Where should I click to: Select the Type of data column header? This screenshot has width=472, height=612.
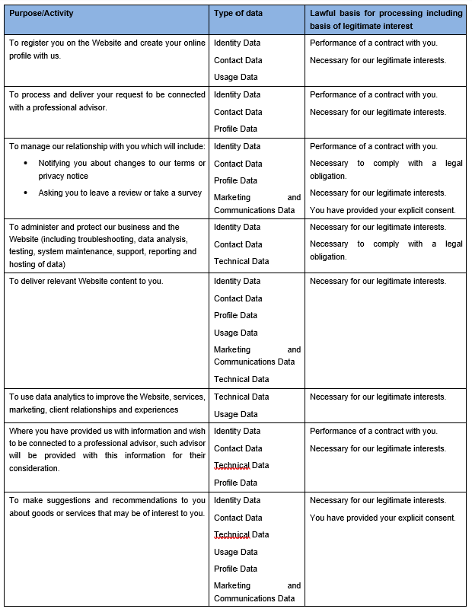tap(238, 13)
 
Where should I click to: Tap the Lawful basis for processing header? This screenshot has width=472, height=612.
tap(386, 19)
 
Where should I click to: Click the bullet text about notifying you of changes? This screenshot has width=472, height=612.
tap(122, 170)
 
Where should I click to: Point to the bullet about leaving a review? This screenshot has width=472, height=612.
tap(120, 193)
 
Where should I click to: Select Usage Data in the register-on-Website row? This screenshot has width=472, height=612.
tap(235, 77)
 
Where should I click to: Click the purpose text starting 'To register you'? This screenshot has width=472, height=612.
tap(107, 49)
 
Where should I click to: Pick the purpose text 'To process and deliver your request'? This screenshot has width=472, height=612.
tap(107, 101)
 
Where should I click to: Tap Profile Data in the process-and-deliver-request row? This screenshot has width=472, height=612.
tap(235, 129)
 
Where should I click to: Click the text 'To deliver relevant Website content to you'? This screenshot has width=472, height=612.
tap(86, 282)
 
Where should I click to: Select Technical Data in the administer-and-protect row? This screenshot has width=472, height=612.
tap(241, 261)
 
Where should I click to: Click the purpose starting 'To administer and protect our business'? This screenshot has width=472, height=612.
tap(103, 245)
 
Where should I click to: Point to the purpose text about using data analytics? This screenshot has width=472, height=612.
tap(107, 403)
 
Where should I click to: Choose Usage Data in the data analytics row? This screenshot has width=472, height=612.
tap(235, 414)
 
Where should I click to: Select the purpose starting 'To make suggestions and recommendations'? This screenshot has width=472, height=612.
tap(107, 506)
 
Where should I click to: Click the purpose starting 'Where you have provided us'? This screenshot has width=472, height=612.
tap(107, 449)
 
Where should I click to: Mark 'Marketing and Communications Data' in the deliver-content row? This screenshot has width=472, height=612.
tap(257, 355)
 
